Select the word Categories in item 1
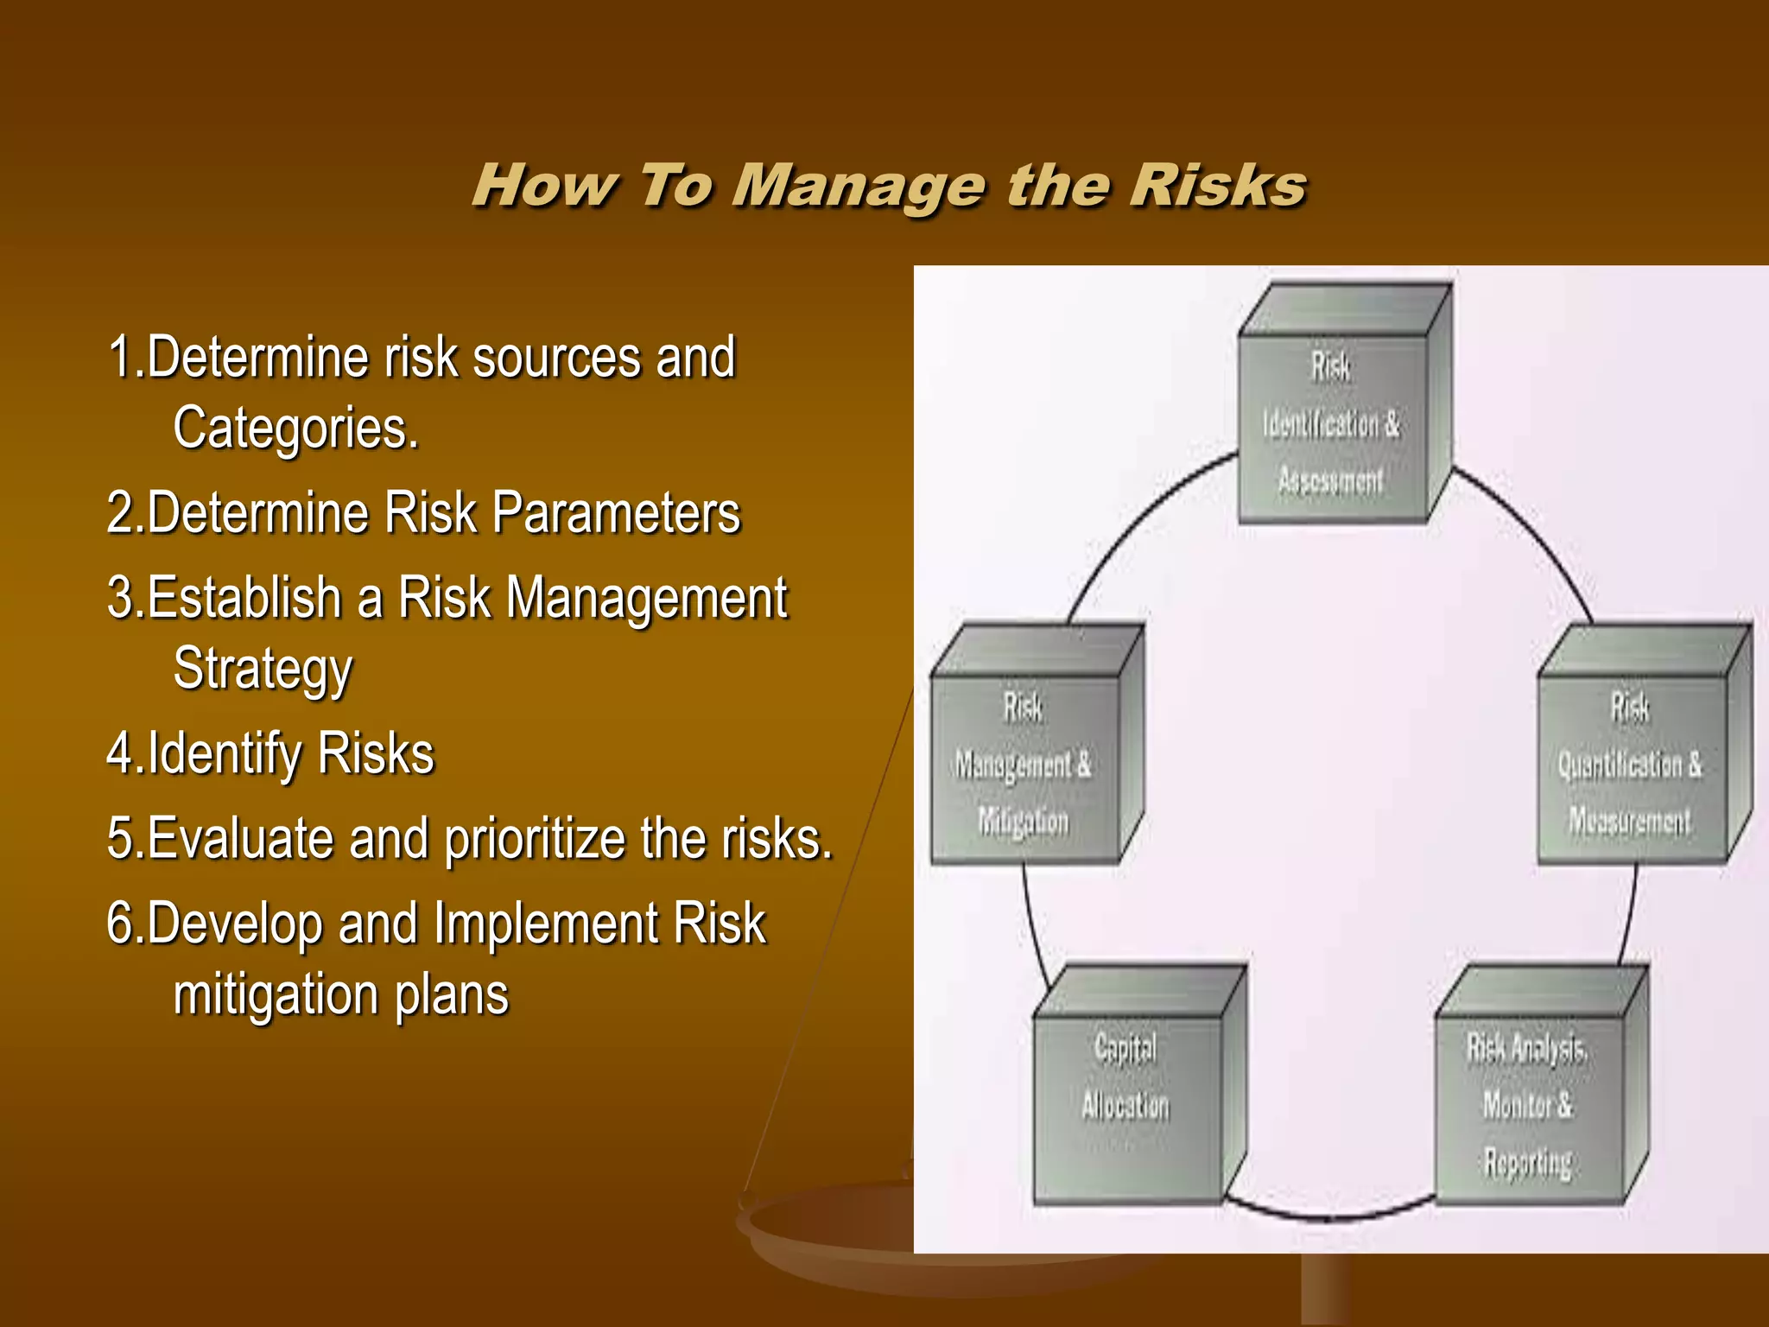(295, 429)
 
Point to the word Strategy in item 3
(263, 670)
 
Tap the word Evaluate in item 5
(240, 840)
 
